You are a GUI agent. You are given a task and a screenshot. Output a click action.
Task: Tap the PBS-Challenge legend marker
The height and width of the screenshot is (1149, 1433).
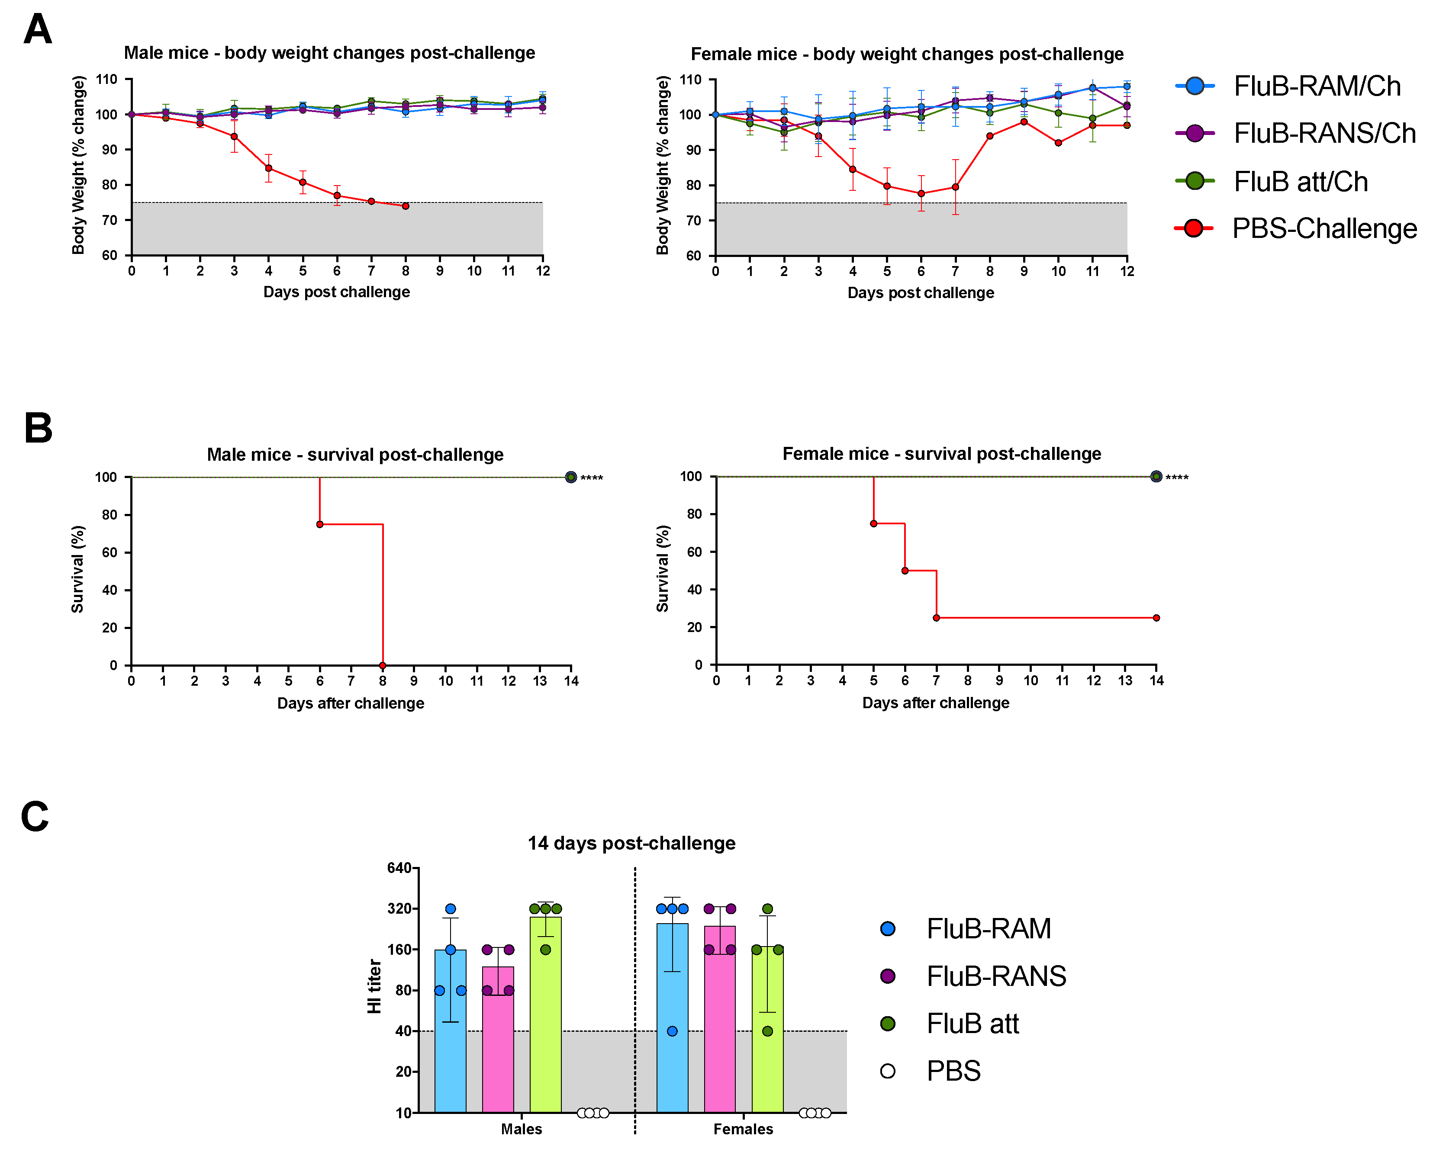[x=1194, y=228]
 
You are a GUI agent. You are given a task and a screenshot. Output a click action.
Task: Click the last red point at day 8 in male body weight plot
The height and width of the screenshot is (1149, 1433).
[x=406, y=206]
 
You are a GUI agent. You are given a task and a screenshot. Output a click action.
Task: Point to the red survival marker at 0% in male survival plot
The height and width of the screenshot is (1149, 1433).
[x=383, y=665]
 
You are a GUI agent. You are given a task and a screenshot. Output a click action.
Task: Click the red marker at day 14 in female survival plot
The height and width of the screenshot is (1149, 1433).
[x=1156, y=618]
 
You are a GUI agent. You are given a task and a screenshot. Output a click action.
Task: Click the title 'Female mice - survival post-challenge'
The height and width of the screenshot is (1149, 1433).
[x=941, y=454]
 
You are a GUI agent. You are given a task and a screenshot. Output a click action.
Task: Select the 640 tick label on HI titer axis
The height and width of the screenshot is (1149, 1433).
[x=399, y=868]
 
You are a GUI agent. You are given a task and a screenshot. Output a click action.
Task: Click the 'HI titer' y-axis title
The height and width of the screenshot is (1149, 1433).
[x=374, y=986]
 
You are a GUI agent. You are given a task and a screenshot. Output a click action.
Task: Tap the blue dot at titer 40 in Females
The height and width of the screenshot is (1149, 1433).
[x=672, y=1031]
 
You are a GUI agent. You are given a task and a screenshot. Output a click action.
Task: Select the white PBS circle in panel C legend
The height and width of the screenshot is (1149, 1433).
[x=887, y=1071]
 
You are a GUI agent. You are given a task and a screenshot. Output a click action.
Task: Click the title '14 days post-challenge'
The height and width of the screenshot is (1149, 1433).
[x=631, y=843]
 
